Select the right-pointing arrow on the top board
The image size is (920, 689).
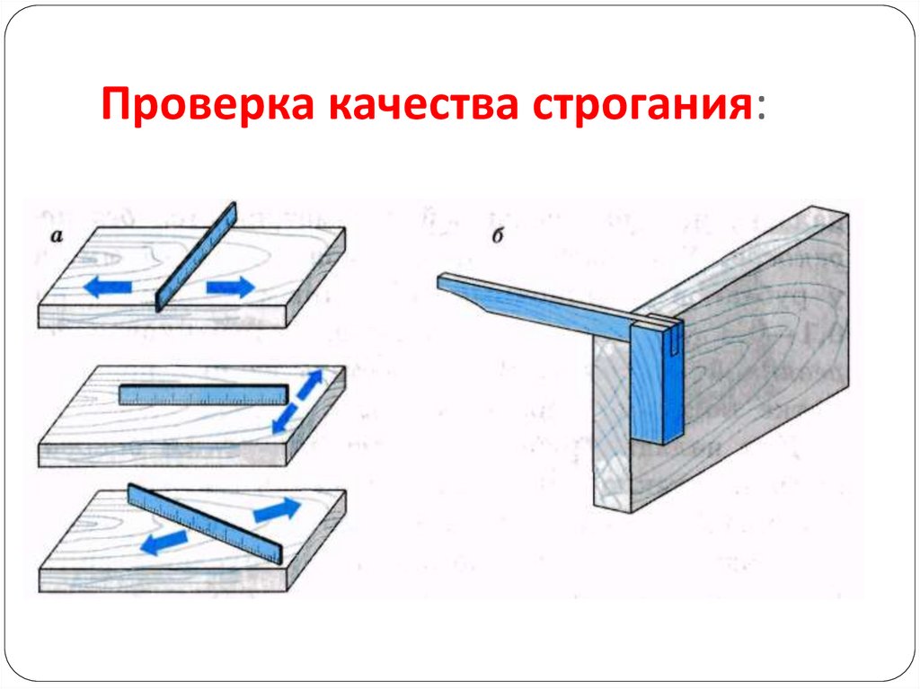231,287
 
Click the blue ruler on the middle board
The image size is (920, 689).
203,394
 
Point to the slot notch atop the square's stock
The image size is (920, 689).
672,337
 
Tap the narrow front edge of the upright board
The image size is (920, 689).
612,422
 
